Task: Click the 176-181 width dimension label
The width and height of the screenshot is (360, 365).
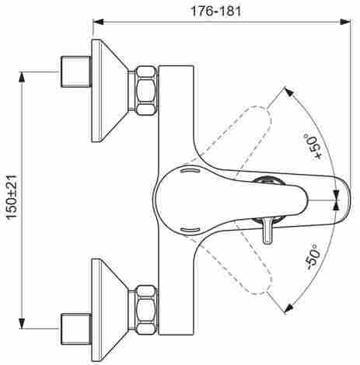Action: [215, 11]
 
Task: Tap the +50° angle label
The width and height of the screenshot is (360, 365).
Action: [313, 146]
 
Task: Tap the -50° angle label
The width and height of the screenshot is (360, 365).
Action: [313, 257]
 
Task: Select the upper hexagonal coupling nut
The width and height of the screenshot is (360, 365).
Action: [146, 90]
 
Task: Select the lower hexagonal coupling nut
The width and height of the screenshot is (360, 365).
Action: [146, 310]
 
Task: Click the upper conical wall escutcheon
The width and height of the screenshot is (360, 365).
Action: [110, 90]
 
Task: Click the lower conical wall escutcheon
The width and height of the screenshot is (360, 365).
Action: [110, 310]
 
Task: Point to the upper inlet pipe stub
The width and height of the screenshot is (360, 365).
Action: [76, 71]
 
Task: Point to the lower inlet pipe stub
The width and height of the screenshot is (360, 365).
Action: [76, 329]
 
